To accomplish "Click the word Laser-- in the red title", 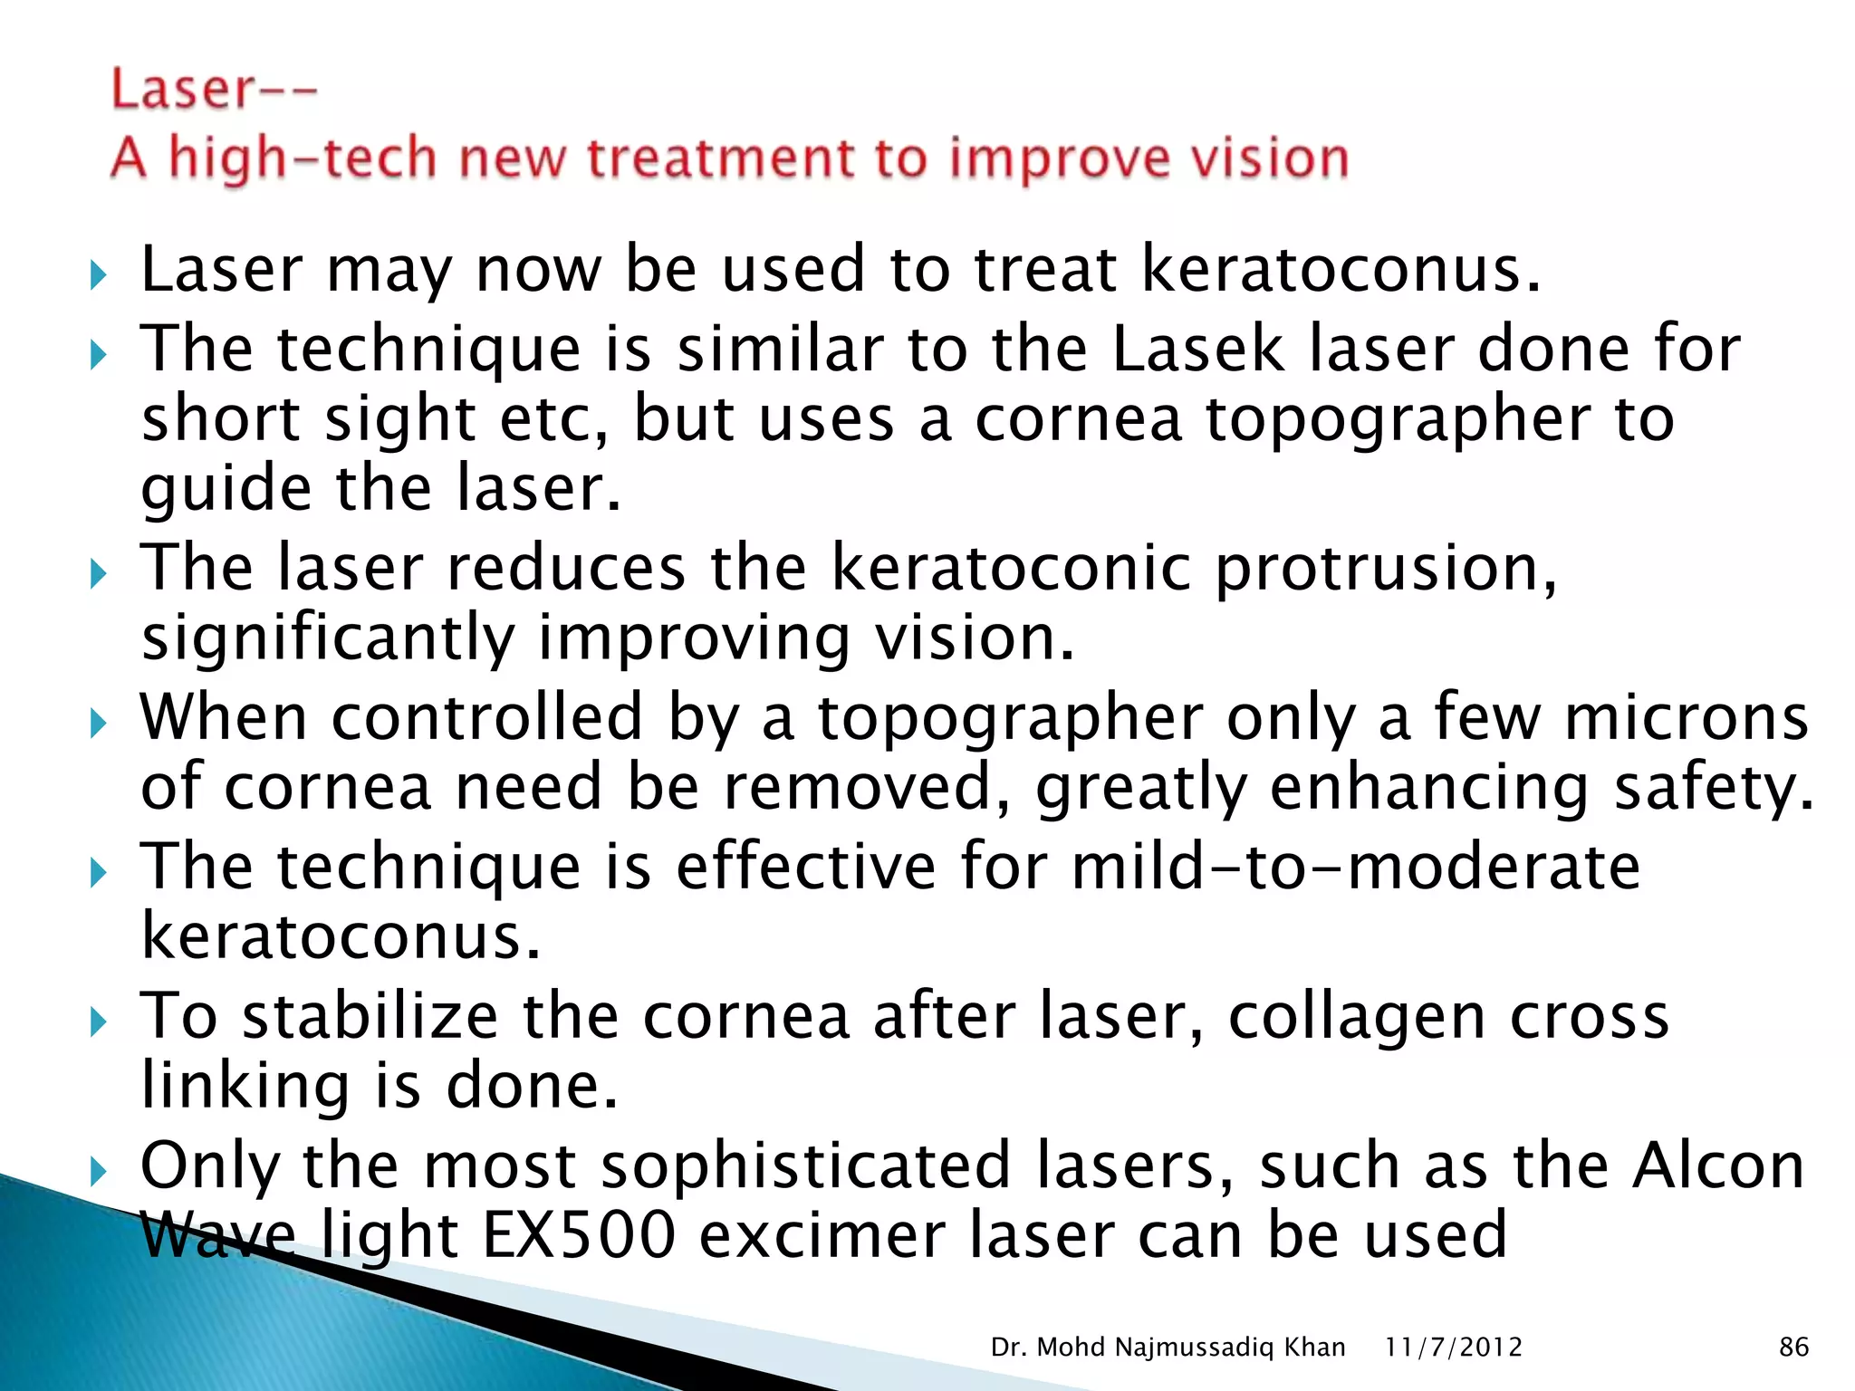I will [x=214, y=91].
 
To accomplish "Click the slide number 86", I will [x=1793, y=1348].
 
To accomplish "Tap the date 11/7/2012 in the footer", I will [x=1453, y=1348].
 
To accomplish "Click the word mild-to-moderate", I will [x=1355, y=867].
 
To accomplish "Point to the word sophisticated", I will [x=806, y=1166].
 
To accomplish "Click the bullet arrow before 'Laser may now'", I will [x=99, y=274].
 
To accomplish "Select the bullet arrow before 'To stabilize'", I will [x=99, y=1022].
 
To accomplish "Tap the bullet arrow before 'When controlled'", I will [x=99, y=723].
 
